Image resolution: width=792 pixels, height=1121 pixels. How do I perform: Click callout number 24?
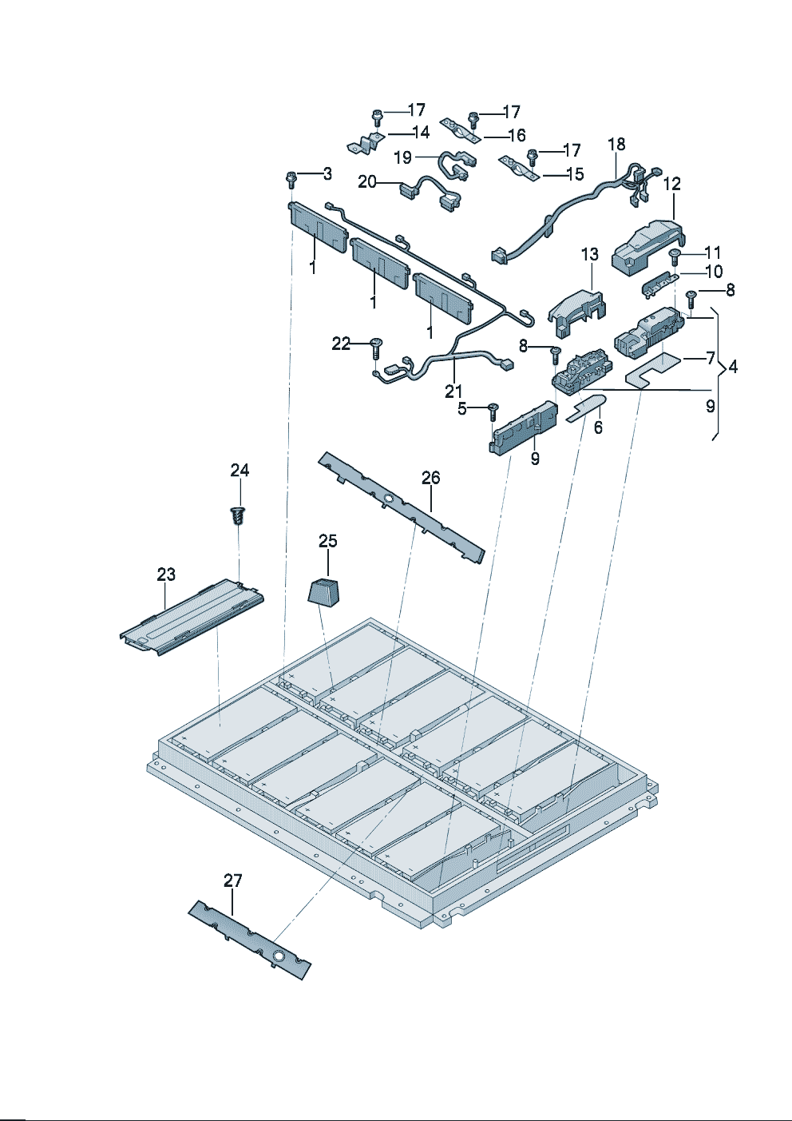pyautogui.click(x=240, y=471)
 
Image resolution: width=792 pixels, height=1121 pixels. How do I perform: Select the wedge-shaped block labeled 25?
pyautogui.click(x=324, y=593)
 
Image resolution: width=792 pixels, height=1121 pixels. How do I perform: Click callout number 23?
pyautogui.click(x=166, y=574)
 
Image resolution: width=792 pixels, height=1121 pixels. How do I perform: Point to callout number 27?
pyautogui.click(x=232, y=881)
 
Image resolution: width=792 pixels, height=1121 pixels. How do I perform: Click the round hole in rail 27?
pyautogui.click(x=279, y=956)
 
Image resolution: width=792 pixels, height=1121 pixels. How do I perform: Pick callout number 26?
pyautogui.click(x=430, y=478)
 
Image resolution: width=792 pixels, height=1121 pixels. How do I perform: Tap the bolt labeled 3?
pyautogui.click(x=291, y=179)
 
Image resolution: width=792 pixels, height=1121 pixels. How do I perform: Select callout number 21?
pyautogui.click(x=453, y=391)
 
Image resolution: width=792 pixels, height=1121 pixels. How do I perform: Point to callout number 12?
pyautogui.click(x=672, y=184)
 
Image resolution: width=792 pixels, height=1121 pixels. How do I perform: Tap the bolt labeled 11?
pyautogui.click(x=675, y=256)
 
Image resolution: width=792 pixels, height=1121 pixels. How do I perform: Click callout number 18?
pyautogui.click(x=616, y=145)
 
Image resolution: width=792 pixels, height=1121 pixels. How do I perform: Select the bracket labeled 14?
pyautogui.click(x=366, y=145)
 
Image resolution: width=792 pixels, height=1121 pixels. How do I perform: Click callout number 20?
pyautogui.click(x=367, y=182)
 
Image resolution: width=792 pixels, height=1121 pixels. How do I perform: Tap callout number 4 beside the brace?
pyautogui.click(x=733, y=367)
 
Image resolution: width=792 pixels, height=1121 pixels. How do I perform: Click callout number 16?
pyautogui.click(x=517, y=136)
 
